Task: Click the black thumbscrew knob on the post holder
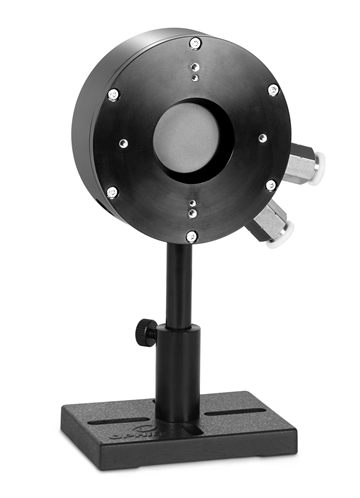[143, 328]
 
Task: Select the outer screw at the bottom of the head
[191, 236]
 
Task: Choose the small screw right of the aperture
[261, 137]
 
